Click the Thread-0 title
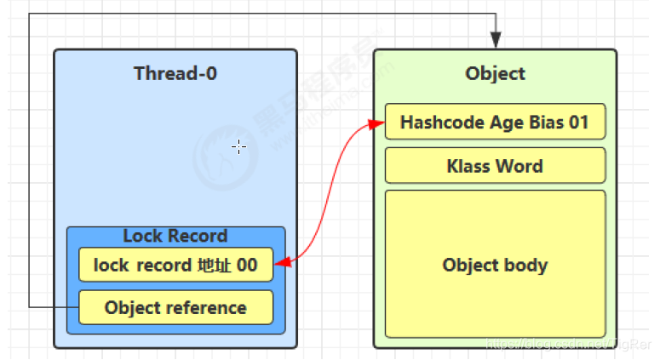point(175,73)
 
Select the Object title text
point(495,73)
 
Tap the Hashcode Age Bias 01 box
point(495,122)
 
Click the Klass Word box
point(495,165)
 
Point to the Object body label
point(495,265)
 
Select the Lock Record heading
point(175,236)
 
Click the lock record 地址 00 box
point(175,265)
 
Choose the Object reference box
point(175,307)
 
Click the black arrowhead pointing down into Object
point(496,40)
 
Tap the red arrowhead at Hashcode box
point(376,123)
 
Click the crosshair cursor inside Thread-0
point(239,147)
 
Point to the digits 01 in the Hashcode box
point(579,122)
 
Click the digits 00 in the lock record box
point(247,265)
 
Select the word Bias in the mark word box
point(547,122)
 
